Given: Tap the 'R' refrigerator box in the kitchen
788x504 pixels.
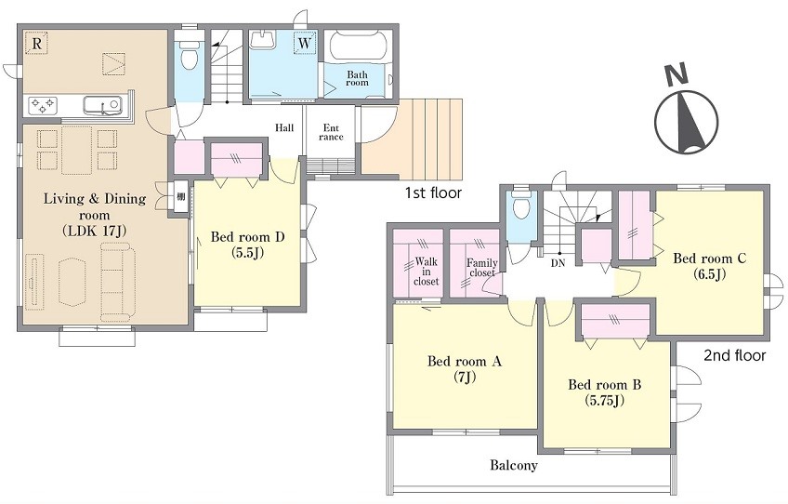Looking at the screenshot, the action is coord(36,44).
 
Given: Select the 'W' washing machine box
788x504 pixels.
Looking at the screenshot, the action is coord(305,43).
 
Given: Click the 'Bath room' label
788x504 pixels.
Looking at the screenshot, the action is coord(357,78).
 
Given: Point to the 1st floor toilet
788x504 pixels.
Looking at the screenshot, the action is coord(189,56).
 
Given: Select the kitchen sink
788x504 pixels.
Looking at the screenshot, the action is coord(102,106).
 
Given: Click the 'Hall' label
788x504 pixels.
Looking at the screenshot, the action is coord(284,127).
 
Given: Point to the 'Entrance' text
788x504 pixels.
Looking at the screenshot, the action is coord(331,132).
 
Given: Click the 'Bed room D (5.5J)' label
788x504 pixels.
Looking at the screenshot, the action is coord(247,244).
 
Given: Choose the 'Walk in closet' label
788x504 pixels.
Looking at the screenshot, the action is coord(426,272).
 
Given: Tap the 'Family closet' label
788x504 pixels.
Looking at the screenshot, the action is coord(482,268).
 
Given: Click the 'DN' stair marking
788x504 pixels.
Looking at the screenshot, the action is coord(558,263).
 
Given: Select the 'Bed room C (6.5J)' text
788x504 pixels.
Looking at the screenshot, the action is coord(710,266).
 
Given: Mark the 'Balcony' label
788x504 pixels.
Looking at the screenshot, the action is coord(514,465).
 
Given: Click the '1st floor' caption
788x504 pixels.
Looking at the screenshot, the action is coord(433,192).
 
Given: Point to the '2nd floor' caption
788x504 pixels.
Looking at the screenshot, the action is coord(735,355).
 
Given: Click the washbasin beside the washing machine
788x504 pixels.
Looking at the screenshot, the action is coord(263,40).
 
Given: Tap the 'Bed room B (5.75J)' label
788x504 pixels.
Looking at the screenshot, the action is coord(605,392).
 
